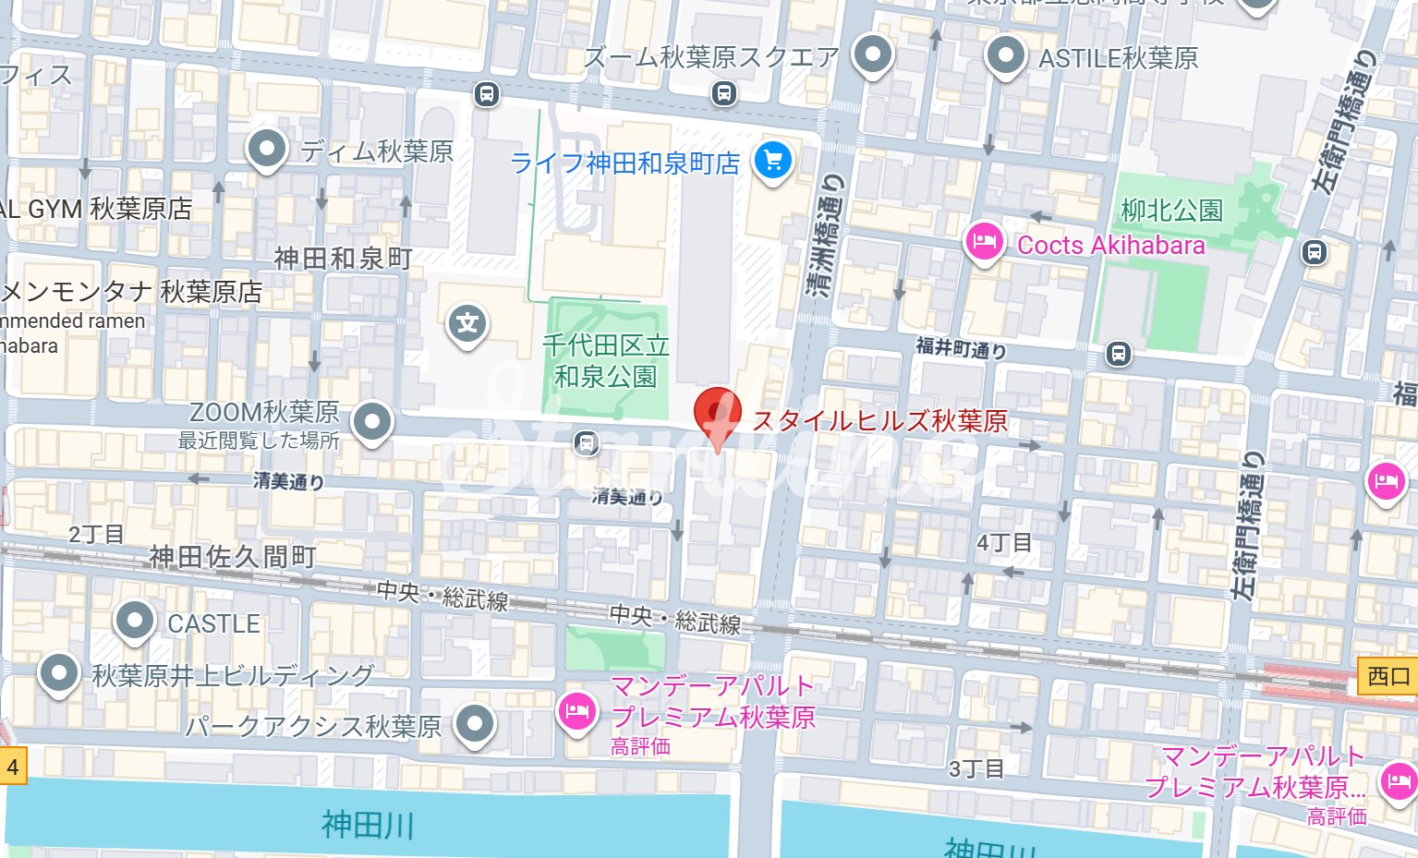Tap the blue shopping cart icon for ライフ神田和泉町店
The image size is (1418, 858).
pos(773,162)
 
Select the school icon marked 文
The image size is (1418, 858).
pos(467,324)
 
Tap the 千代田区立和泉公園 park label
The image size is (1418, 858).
pos(605,361)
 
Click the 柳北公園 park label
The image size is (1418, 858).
pos(1171,211)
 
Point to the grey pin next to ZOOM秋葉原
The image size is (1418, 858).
pos(372,422)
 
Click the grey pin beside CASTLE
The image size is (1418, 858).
pos(135,621)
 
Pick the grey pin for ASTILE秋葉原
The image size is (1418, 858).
pos(1005,55)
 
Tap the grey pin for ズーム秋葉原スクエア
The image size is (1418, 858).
pos(872,54)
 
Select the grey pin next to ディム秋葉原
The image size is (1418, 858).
pos(268,148)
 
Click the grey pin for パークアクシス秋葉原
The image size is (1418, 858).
pos(475,724)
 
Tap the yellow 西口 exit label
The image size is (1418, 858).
pos(1388,676)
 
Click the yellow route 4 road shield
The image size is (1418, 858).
pos(13,767)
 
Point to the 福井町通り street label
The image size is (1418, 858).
pos(960,348)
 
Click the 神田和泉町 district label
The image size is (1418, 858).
pos(343,259)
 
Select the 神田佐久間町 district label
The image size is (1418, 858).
pos(233,557)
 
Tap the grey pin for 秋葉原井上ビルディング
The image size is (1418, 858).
pos(59,673)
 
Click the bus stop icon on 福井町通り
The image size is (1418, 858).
pos(1119,354)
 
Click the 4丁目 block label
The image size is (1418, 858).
pos(1003,543)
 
